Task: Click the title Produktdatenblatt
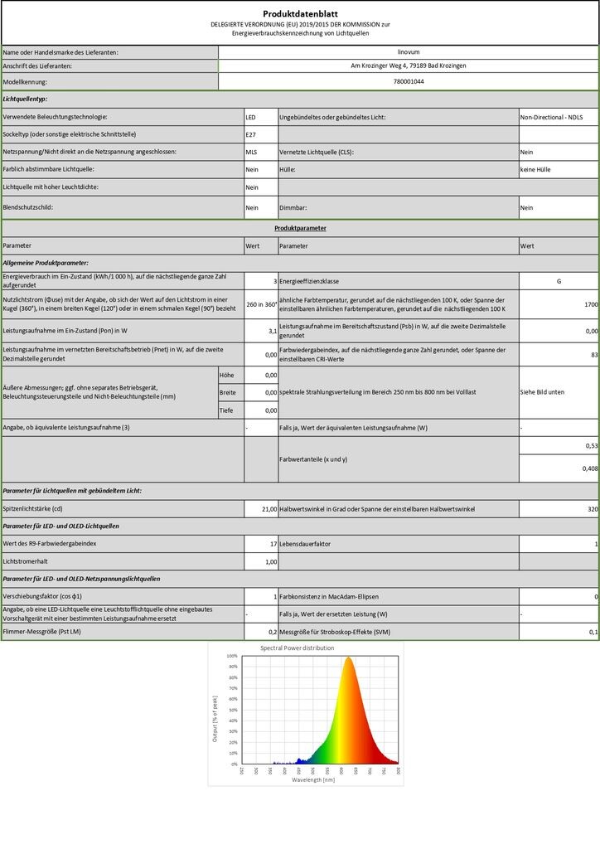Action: tap(300, 13)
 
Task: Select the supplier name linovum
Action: tap(409, 51)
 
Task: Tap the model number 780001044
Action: tap(409, 81)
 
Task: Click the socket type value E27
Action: tap(251, 133)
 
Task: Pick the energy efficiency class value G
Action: tap(559, 282)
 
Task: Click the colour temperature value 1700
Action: tap(590, 304)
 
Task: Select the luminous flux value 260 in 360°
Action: tap(261, 304)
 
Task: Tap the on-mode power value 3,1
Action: tap(272, 331)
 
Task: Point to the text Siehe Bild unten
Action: tap(543, 391)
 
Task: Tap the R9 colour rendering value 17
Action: tap(273, 543)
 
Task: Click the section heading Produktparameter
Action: tap(300, 227)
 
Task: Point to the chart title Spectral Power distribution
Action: tap(298, 648)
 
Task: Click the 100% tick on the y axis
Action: tap(233, 656)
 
